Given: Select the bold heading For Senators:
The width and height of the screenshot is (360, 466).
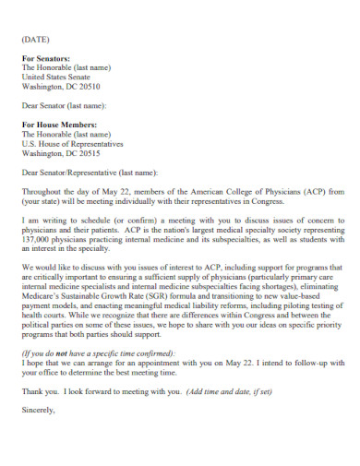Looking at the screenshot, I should click(45, 58).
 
